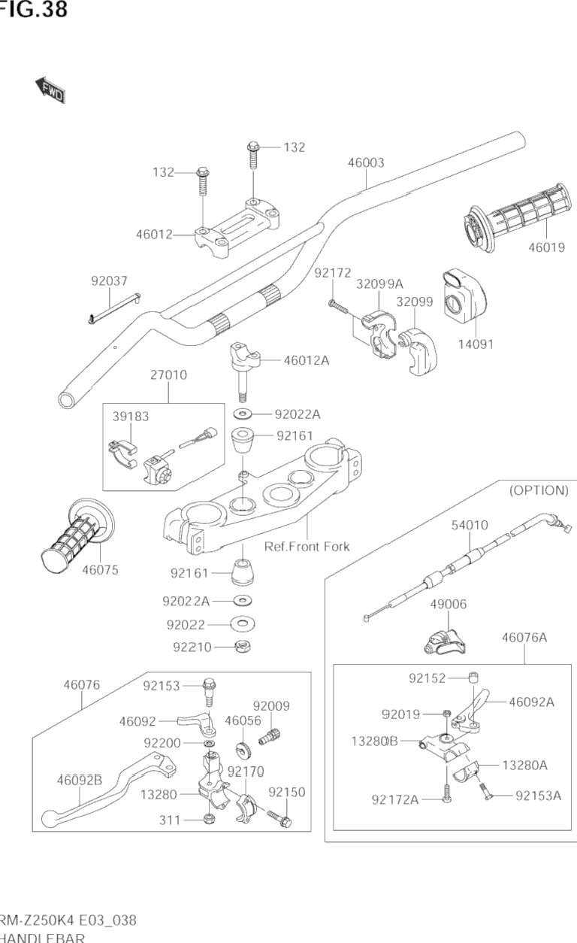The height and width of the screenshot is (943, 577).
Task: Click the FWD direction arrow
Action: [50, 89]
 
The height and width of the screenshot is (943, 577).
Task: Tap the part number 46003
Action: [366, 162]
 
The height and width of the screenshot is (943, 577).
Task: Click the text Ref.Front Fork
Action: [307, 547]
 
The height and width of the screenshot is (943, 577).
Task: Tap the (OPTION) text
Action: [539, 490]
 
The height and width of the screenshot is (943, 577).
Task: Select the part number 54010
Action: [470, 525]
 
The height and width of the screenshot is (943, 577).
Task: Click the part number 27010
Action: [168, 374]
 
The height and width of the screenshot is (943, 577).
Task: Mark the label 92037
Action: [110, 281]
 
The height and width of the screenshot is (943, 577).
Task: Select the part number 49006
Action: [449, 603]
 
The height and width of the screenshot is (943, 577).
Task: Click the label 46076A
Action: [524, 638]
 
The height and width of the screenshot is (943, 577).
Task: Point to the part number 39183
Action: [131, 416]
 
